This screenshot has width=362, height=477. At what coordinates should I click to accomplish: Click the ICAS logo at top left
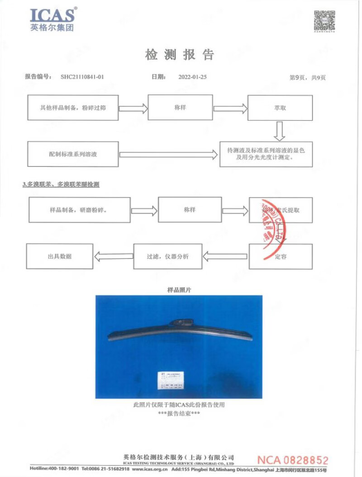click(x=52, y=19)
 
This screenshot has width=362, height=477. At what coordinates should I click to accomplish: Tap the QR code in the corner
click(x=324, y=20)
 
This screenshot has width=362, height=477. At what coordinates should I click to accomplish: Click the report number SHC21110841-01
click(x=82, y=77)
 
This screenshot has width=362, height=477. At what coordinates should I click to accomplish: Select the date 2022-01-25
click(x=193, y=77)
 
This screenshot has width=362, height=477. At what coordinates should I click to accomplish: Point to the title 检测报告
click(x=180, y=55)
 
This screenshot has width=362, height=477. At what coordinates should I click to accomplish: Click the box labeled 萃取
click(x=279, y=108)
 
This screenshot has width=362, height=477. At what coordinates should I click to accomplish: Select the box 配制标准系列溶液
click(x=73, y=154)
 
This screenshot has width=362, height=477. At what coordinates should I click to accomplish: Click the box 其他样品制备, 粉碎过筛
click(x=73, y=108)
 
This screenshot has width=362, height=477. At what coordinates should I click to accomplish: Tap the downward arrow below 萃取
click(x=279, y=131)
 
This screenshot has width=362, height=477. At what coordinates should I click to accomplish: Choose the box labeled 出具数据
click(x=60, y=256)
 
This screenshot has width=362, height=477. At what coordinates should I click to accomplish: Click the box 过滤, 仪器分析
click(x=168, y=256)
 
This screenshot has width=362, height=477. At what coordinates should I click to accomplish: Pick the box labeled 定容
click(x=281, y=256)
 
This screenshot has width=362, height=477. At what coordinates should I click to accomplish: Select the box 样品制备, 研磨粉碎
click(x=79, y=210)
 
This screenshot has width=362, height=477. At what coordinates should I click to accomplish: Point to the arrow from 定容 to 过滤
click(x=225, y=257)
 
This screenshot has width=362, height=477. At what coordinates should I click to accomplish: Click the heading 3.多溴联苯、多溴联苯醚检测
click(x=61, y=184)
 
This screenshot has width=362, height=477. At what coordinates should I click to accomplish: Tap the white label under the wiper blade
click(x=171, y=380)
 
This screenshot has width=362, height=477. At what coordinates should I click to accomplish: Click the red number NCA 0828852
click(x=293, y=460)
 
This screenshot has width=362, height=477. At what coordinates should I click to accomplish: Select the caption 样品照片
click(x=179, y=290)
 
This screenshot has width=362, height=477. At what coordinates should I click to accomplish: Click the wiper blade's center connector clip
click(x=182, y=322)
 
